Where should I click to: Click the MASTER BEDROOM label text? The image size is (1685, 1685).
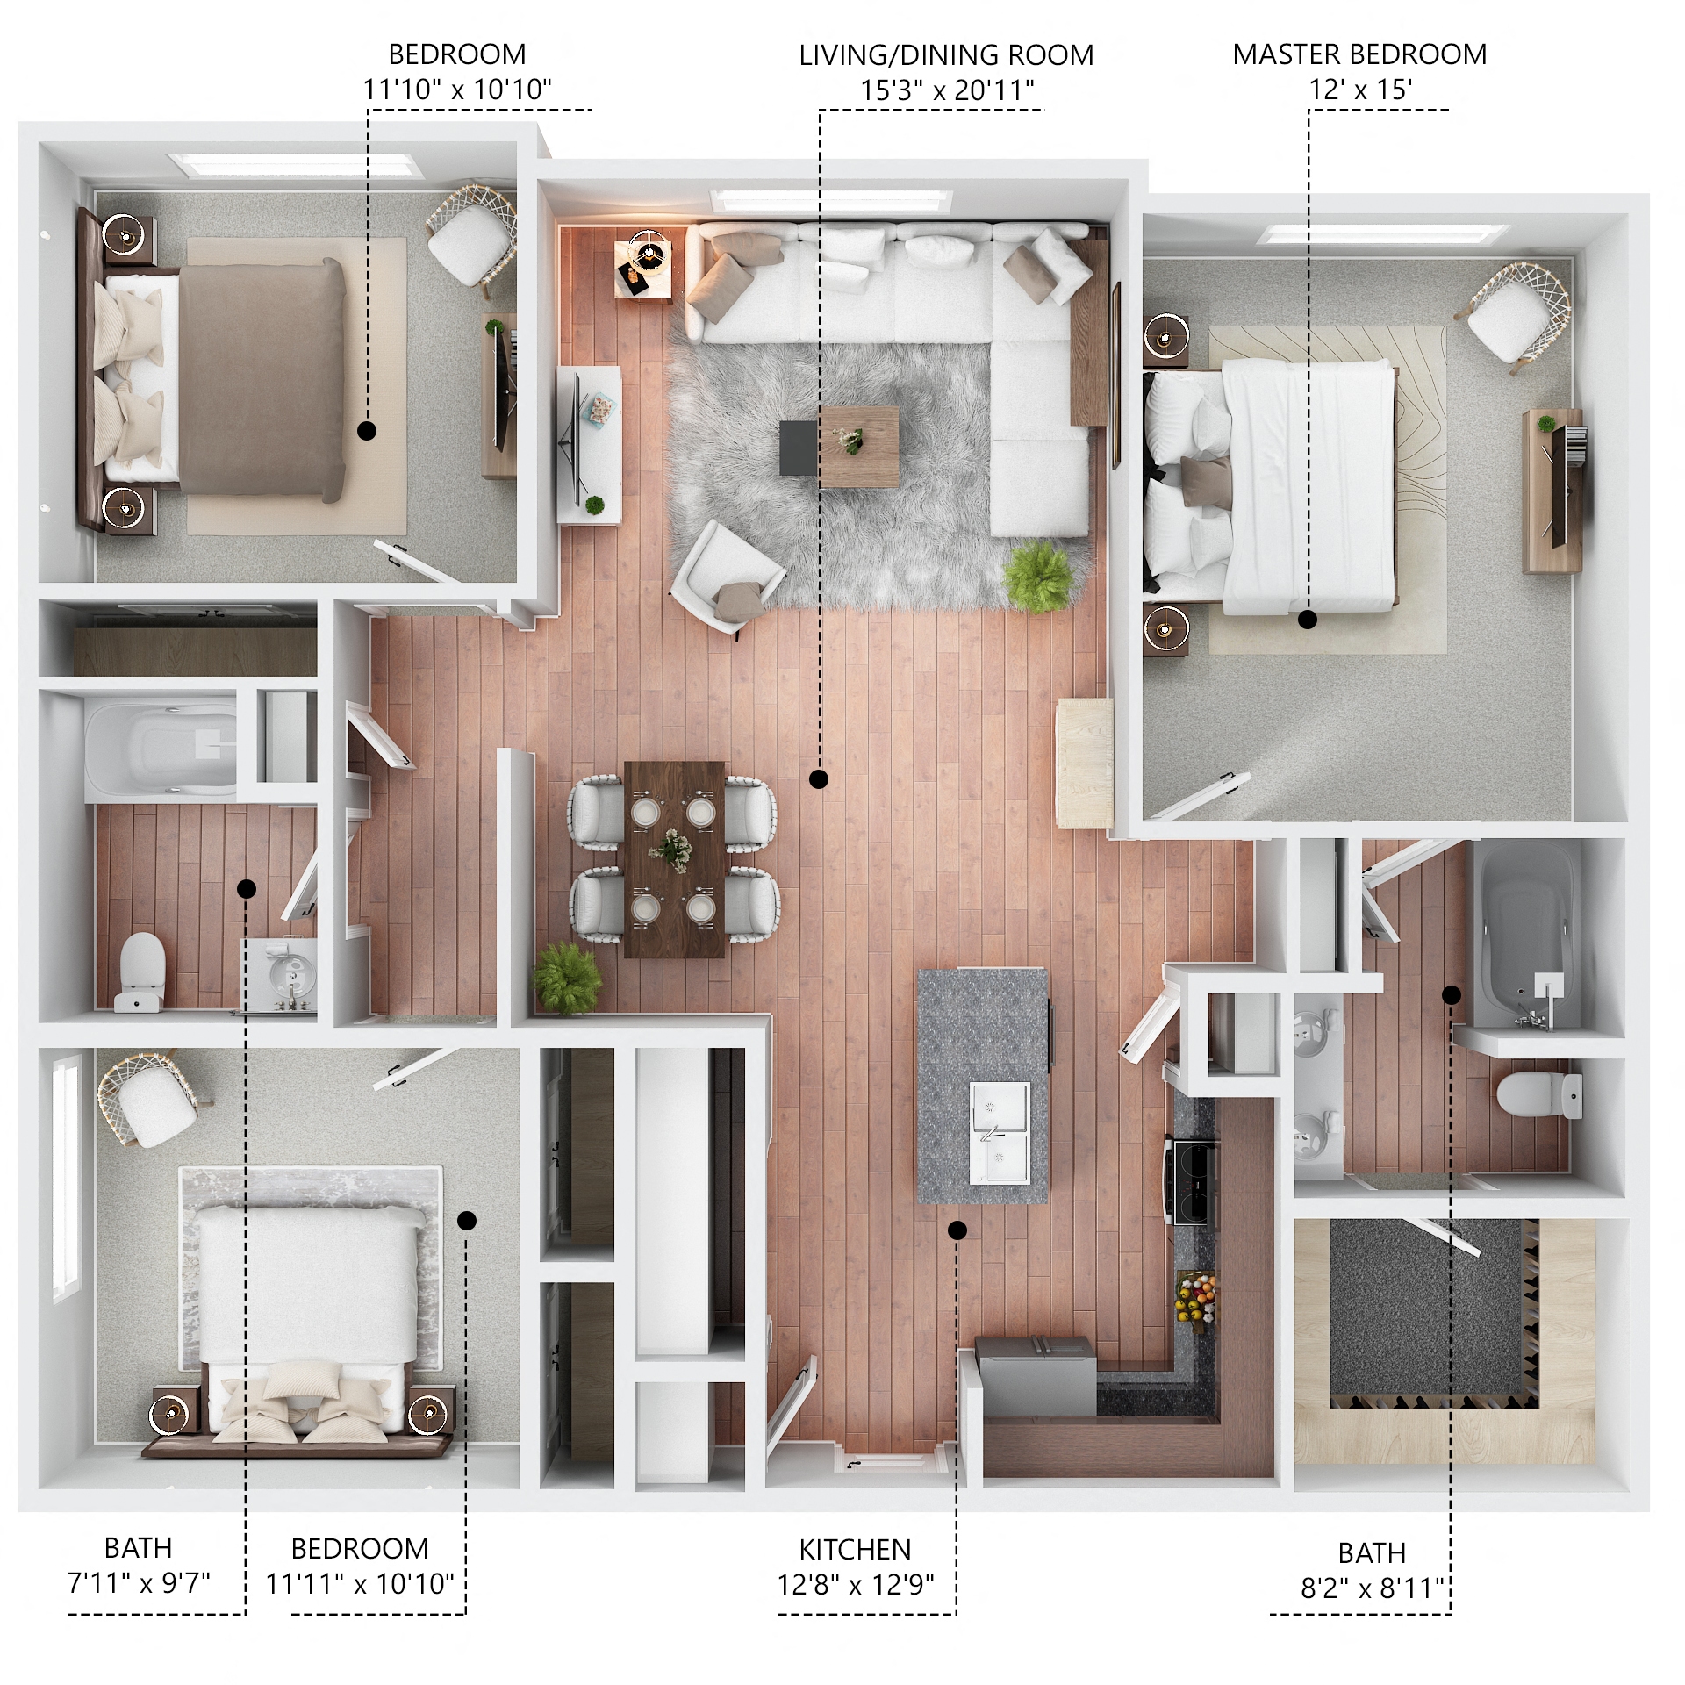[x=1359, y=54]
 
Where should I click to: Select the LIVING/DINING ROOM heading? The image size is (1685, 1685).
[x=946, y=55]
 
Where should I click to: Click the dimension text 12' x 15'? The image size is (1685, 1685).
[x=1359, y=90]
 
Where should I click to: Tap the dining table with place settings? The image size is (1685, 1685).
[x=674, y=858]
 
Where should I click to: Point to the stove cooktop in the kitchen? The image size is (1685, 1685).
[x=1193, y=1180]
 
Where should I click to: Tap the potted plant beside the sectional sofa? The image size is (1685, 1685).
[x=1038, y=576]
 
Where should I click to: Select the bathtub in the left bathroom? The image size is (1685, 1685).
[x=162, y=747]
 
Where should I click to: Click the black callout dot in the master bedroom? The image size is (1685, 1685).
[x=1308, y=620]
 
